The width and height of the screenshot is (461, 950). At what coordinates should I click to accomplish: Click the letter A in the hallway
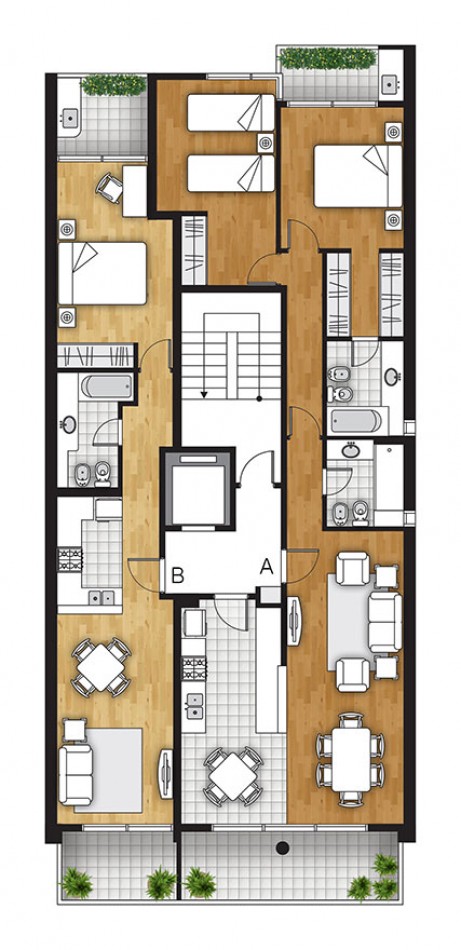267,566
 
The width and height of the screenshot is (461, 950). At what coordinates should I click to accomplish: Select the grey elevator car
197,488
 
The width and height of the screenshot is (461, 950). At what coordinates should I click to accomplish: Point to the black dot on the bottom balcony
282,848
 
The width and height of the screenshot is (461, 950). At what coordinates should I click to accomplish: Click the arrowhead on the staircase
204,394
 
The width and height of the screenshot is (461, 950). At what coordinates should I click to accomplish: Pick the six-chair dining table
351,760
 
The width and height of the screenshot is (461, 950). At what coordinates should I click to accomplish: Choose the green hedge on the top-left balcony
114,84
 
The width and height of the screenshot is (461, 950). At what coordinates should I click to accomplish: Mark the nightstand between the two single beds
265,143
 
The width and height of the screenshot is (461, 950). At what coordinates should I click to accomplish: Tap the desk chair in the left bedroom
110,187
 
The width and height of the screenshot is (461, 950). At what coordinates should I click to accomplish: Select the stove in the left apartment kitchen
70,559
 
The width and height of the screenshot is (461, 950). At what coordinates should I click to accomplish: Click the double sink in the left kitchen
101,597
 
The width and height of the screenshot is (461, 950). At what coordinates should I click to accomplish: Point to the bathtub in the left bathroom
107,386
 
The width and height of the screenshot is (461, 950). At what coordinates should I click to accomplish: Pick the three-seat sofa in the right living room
385,622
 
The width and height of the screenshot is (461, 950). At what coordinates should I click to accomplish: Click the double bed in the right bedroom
358,176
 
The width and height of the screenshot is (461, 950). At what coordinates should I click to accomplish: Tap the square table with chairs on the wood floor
101,666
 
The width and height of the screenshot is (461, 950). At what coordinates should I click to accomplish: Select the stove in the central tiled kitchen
194,668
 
